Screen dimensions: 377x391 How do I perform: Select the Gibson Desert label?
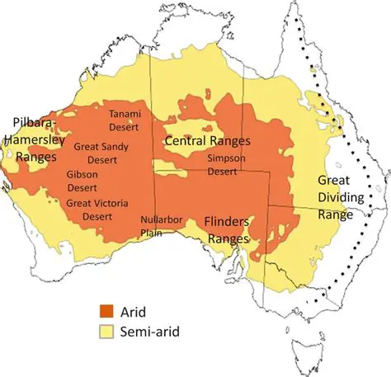pyautogui.click(x=82, y=181)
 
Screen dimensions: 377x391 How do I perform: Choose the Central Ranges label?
pyautogui.click(x=208, y=142)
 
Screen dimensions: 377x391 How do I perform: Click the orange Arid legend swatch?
pyautogui.click(x=106, y=311)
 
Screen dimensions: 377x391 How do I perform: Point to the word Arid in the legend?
pyautogui.click(x=134, y=311)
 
